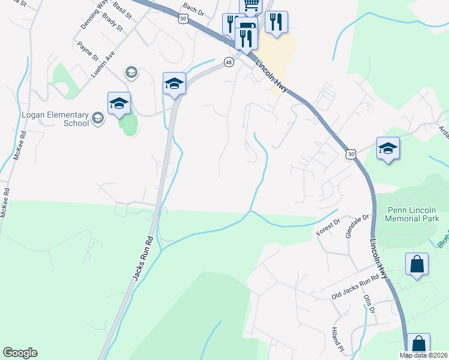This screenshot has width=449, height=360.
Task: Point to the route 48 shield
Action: [x=229, y=62]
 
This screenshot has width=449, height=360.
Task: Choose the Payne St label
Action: [x=88, y=51]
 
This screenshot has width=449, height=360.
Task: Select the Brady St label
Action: [x=112, y=22]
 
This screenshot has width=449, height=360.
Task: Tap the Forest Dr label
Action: [x=328, y=228]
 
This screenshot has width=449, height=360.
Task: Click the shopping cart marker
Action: [x=252, y=5]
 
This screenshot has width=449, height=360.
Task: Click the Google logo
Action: [x=20, y=353]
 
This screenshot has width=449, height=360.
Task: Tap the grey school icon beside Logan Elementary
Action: [x=98, y=119]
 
